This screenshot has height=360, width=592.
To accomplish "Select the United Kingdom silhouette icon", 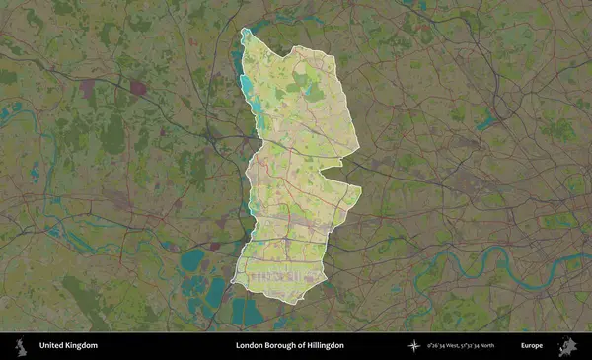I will click(x=19, y=345).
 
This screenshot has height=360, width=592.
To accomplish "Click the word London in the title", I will click(x=250, y=345).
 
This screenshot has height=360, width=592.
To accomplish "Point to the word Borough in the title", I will click(x=282, y=345).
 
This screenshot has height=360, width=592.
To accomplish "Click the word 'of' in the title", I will click(x=304, y=345).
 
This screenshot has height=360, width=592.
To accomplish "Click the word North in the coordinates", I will click(x=510, y=345).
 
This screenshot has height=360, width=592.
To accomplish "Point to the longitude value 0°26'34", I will click(x=438, y=345).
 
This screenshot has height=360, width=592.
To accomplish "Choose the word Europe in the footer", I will click(x=532, y=345).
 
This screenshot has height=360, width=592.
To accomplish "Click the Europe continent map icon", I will click(x=567, y=345).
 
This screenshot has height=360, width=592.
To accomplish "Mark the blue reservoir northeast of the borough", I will click(x=484, y=123).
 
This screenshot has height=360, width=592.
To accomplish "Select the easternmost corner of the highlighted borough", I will click(x=361, y=188).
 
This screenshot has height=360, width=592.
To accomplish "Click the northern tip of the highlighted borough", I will click(x=245, y=32).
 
